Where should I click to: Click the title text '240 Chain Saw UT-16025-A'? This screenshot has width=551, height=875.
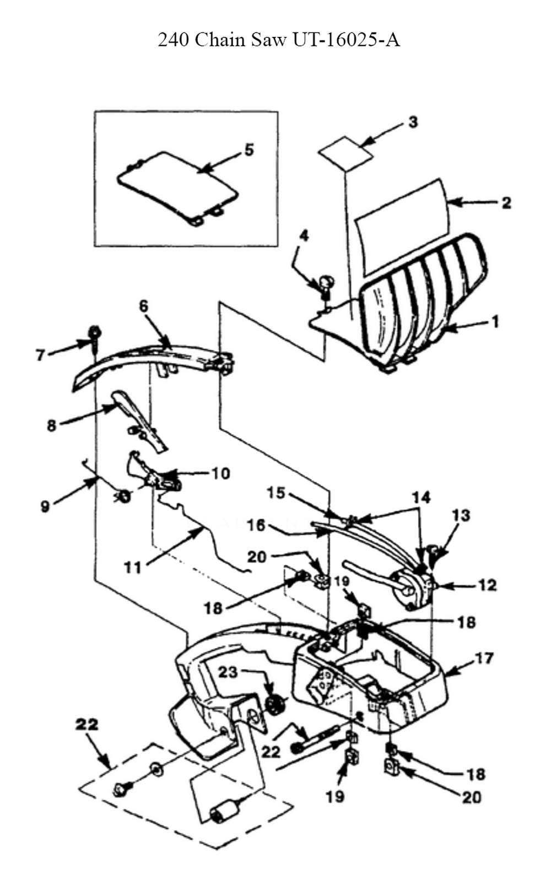pyautogui.click(x=279, y=40)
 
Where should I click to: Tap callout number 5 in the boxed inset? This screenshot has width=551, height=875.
pyautogui.click(x=249, y=149)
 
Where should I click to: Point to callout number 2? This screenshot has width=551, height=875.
pyautogui.click(x=506, y=202)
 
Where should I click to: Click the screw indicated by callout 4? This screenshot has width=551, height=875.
pyautogui.click(x=326, y=285)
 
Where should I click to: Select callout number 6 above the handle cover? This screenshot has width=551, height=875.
pyautogui.click(x=144, y=306)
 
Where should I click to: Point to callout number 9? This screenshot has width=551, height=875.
pyautogui.click(x=45, y=506)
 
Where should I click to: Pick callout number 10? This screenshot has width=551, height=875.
pyautogui.click(x=220, y=473)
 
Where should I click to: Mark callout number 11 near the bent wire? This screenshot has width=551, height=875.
pyautogui.click(x=132, y=566)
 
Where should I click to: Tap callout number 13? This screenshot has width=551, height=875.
pyautogui.click(x=461, y=515)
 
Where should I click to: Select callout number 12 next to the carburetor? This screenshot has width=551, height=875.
pyautogui.click(x=487, y=585)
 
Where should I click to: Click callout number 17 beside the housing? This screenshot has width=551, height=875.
pyautogui.click(x=484, y=657)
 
